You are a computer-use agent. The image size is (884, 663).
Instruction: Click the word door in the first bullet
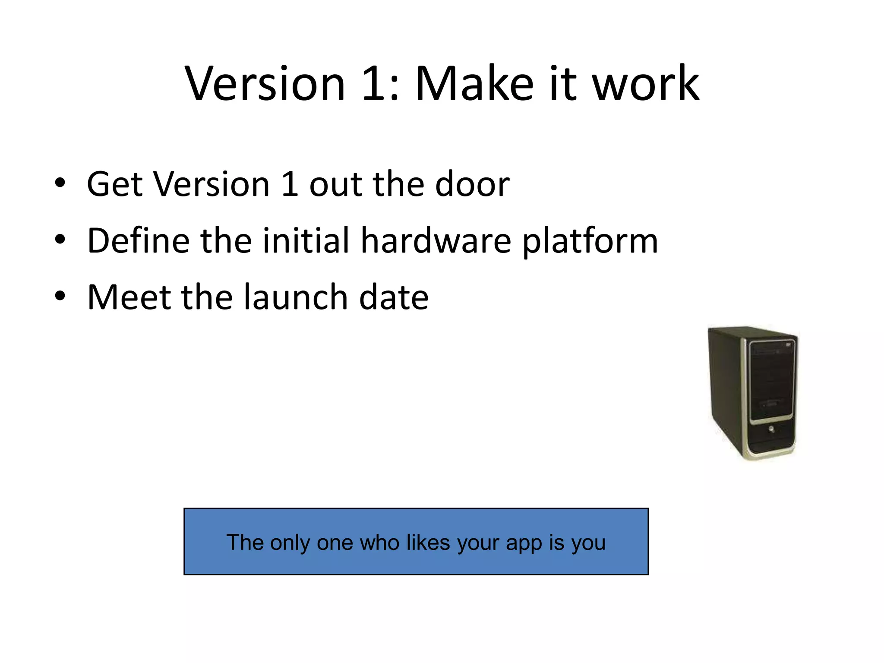pos(472,184)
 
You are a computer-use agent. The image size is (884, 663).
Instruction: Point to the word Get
pos(115,184)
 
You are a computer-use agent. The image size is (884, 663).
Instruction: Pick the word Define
pos(138,240)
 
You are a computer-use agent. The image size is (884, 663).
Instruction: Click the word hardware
pos(436,240)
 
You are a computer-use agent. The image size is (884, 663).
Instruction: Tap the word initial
pos(306,240)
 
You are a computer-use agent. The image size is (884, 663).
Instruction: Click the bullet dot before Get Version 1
pos(60,183)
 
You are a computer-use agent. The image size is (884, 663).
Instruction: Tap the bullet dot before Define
pos(60,240)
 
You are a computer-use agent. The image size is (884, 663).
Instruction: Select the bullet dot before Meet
pos(60,296)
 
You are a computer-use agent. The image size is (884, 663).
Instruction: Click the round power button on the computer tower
pos(771,429)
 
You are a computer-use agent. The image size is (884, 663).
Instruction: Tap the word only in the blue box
pos(290,543)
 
